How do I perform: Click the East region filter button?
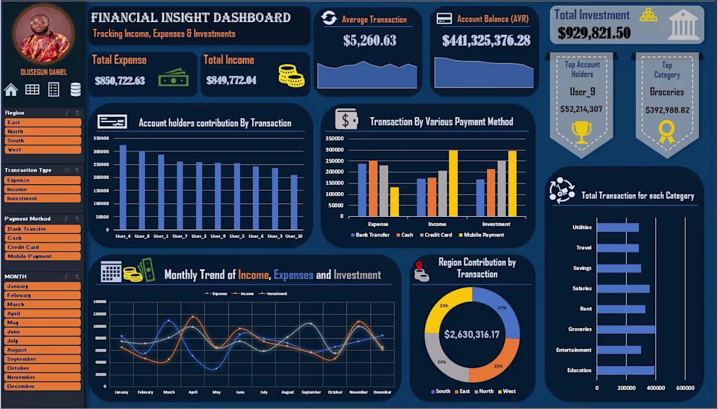click(x=42, y=122)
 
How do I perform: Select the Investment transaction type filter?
click(x=42, y=198)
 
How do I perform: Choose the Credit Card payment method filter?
click(x=42, y=247)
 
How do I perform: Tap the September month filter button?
click(x=42, y=359)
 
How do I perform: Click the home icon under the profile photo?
click(x=10, y=90)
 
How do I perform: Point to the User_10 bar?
click(x=294, y=202)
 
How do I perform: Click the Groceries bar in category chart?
click(x=625, y=329)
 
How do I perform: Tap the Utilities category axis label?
click(x=582, y=227)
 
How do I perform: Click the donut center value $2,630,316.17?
click(x=472, y=335)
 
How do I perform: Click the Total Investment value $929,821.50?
click(x=594, y=33)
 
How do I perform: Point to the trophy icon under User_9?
click(x=581, y=131)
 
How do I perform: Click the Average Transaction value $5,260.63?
click(x=369, y=41)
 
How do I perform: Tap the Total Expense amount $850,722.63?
click(x=119, y=81)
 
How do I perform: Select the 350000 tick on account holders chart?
click(x=101, y=138)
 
